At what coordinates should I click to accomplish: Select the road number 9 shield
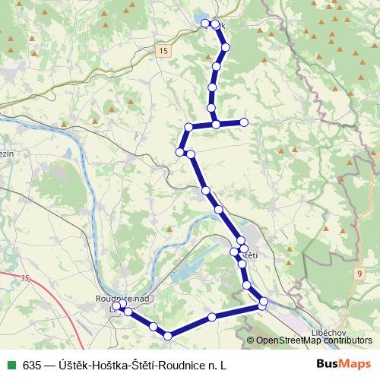tap(358, 272)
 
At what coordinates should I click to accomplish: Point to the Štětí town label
tap(250, 255)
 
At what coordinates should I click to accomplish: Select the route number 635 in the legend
tap(33, 365)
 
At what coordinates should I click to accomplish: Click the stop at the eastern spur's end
tap(244, 122)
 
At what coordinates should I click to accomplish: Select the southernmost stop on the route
tap(168, 336)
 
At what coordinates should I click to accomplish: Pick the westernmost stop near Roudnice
tap(116, 309)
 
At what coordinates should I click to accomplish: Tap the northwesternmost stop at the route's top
tap(204, 24)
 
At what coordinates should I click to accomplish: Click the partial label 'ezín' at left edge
tap(7, 153)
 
